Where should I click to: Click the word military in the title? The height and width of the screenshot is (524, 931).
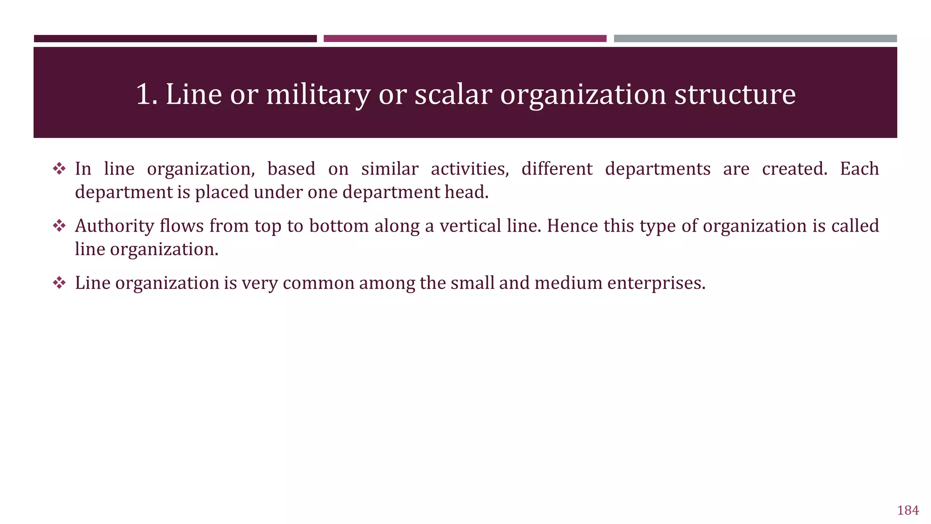pyautogui.click(x=318, y=95)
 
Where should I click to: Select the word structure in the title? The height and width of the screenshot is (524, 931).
pyautogui.click(x=735, y=95)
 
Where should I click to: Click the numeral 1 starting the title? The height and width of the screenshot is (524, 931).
pyautogui.click(x=143, y=95)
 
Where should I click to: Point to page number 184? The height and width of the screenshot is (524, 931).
pyautogui.click(x=908, y=510)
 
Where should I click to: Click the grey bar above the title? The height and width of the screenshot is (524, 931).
pyautogui.click(x=755, y=39)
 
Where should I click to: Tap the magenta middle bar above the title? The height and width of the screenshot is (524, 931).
pyautogui.click(x=465, y=39)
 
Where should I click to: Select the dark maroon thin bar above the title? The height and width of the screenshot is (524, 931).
pyautogui.click(x=175, y=39)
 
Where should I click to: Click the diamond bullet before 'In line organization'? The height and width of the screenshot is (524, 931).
pyautogui.click(x=59, y=169)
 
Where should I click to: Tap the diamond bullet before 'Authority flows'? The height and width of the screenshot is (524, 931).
pyautogui.click(x=59, y=226)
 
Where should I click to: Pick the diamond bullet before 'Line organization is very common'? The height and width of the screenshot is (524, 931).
pyautogui.click(x=59, y=283)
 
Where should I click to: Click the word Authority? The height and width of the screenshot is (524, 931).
pyautogui.click(x=115, y=226)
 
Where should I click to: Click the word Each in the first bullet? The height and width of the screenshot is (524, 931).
pyautogui.click(x=859, y=169)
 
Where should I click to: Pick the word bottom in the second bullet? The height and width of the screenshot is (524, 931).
pyautogui.click(x=339, y=226)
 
